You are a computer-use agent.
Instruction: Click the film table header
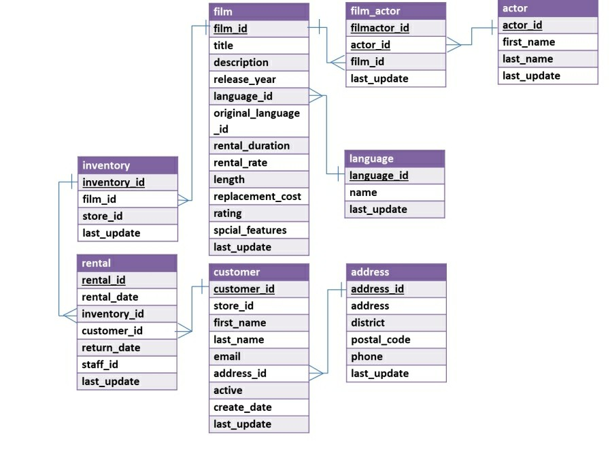258,12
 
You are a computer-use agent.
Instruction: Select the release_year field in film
245,79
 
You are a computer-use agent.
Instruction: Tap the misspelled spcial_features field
250,230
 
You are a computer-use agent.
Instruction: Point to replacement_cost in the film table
257,197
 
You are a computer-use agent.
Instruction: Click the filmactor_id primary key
379,28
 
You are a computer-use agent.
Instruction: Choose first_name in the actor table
528,42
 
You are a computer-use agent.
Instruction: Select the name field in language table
363,193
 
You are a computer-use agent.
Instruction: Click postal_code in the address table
380,339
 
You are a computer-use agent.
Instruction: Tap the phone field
367,357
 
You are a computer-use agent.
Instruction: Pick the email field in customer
227,357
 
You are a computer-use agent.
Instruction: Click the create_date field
242,407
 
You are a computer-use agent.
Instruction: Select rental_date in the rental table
109,297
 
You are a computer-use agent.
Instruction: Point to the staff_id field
100,365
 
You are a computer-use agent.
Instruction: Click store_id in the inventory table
102,216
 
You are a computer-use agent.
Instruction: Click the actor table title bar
547,8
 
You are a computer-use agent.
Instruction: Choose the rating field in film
227,213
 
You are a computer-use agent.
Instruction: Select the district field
367,322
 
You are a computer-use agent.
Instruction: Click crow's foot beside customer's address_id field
316,373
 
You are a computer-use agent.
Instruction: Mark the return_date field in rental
111,348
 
